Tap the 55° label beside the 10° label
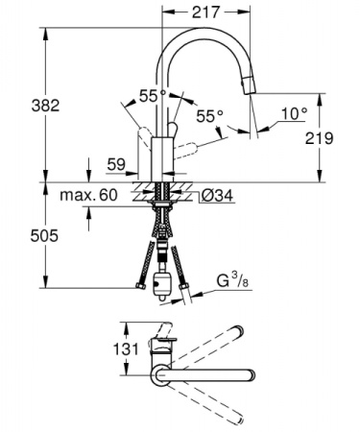(x=210, y=117)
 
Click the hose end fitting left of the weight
(x=140, y=286)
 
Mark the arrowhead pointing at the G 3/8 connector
(x=185, y=291)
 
